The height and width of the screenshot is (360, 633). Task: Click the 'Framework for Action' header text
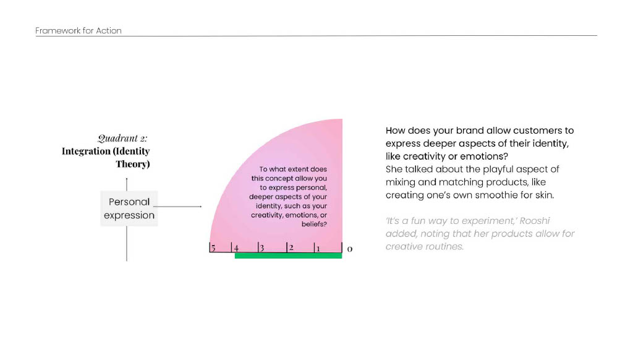[79, 31]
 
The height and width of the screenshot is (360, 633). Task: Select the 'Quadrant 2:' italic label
[122, 138]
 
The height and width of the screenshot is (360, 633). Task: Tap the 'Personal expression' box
[129, 208]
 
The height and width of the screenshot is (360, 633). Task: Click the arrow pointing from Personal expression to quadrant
[177, 207]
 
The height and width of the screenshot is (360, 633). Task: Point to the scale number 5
[213, 248]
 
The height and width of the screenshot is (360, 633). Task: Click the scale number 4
[236, 248]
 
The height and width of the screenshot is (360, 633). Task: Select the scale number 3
[262, 248]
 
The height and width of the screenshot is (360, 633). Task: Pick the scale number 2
[291, 247]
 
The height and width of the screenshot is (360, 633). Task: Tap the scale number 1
[318, 249]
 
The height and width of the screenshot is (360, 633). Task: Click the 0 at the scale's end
[350, 249]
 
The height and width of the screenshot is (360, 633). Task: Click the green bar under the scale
[288, 255]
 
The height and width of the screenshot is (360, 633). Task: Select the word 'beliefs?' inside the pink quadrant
[314, 225]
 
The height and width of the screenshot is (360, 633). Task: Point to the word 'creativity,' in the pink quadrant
[267, 215]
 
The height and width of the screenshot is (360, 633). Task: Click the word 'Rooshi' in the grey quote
[535, 221]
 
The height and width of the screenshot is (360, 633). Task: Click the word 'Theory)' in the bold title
[133, 164]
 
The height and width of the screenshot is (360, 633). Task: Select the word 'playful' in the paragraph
[498, 169]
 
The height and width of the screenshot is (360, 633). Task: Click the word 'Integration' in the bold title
[86, 152]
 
